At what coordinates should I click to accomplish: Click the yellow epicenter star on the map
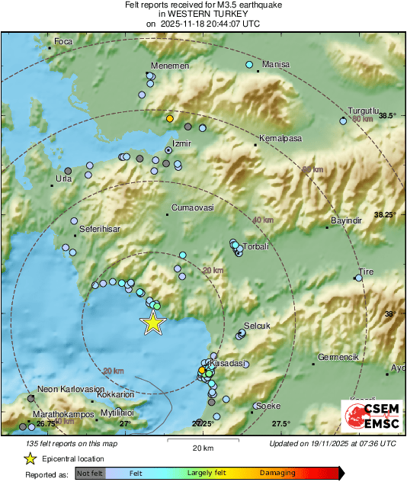click(x=153, y=323)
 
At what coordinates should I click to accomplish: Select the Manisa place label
click(x=275, y=65)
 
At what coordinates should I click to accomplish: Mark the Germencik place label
click(x=336, y=356)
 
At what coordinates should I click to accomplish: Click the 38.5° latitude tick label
click(x=388, y=116)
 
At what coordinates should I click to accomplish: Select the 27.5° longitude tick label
click(x=281, y=424)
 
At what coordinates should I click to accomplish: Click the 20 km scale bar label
click(x=202, y=447)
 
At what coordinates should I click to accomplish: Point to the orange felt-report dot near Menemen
click(x=170, y=119)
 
